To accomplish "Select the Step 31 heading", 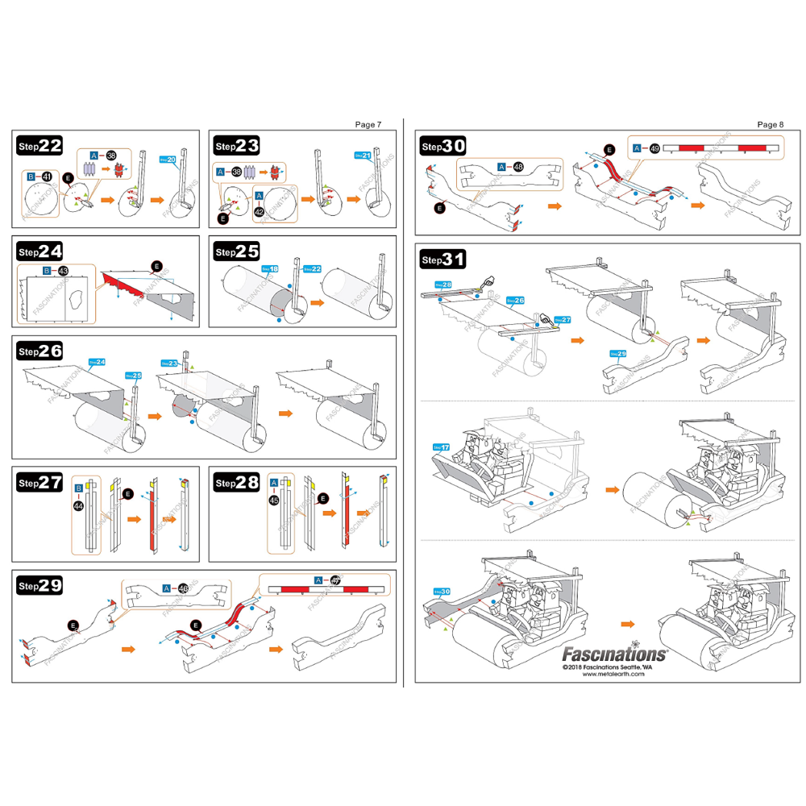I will pyautogui.click(x=443, y=260).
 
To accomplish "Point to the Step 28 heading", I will pyautogui.click(x=236, y=482).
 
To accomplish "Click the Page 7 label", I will pyautogui.click(x=368, y=124).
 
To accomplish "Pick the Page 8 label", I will pyautogui.click(x=770, y=124).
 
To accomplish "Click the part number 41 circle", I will pyautogui.click(x=47, y=176).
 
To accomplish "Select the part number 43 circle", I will pyautogui.click(x=63, y=271).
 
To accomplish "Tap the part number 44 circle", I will pyautogui.click(x=78, y=505).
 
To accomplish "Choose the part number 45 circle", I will pyautogui.click(x=274, y=501).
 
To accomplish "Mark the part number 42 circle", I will pyautogui.click(x=259, y=211).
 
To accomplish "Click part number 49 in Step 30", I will pyautogui.click(x=654, y=148).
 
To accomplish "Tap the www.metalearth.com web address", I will pyautogui.click(x=613, y=675).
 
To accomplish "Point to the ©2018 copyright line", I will pyautogui.click(x=613, y=667).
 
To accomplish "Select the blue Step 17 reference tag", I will pyautogui.click(x=442, y=447).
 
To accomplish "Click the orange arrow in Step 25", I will pyautogui.click(x=318, y=304).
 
